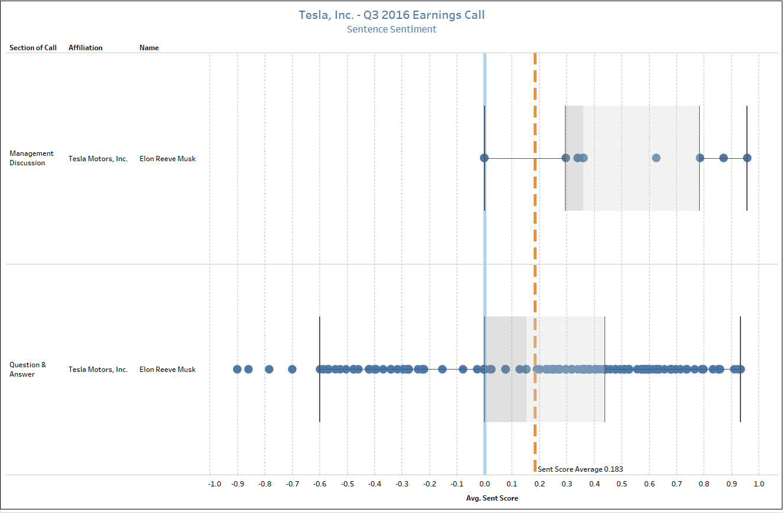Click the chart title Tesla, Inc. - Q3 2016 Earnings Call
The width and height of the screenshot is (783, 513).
(x=391, y=15)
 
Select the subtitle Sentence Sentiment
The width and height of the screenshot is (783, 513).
(x=391, y=29)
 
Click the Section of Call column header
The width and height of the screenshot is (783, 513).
(x=33, y=48)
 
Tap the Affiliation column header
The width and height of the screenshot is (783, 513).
(x=85, y=48)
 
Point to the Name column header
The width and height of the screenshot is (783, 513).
(x=149, y=48)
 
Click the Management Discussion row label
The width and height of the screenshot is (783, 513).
(x=31, y=158)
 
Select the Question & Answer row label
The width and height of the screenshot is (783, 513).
(x=27, y=370)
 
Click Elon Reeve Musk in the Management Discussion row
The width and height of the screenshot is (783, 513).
(x=167, y=159)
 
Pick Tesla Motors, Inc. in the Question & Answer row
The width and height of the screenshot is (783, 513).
(x=98, y=370)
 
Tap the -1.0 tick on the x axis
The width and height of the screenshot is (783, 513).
(x=215, y=484)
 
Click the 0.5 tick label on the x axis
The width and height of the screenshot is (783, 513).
(x=622, y=484)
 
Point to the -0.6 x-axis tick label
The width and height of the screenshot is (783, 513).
(x=320, y=484)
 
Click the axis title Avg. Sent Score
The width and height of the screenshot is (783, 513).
(x=492, y=498)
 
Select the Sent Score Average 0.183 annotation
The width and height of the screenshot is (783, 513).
(x=580, y=469)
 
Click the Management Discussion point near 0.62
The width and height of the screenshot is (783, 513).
(x=656, y=158)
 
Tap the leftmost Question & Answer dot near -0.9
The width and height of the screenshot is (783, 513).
(x=237, y=369)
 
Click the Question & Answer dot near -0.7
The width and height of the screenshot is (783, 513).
(x=292, y=369)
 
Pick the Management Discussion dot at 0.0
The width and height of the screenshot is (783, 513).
(x=484, y=158)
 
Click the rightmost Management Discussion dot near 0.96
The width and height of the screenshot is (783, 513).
(x=747, y=158)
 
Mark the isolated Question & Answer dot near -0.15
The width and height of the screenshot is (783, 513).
(x=442, y=369)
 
